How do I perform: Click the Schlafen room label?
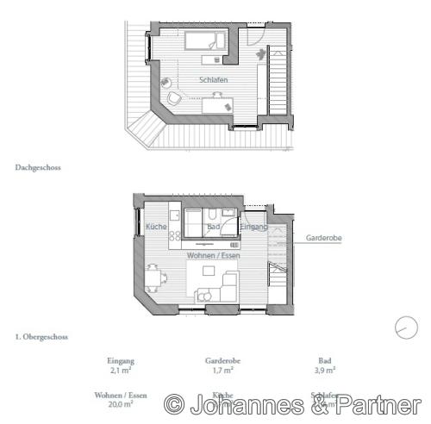point(212,78)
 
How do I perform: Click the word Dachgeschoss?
point(37,169)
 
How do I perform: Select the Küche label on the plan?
point(156,227)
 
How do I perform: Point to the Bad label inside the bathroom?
point(214,227)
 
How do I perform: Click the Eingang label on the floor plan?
point(254,227)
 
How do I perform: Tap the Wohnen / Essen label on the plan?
point(213,256)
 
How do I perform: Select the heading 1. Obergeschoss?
point(41,337)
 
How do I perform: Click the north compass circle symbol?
point(403,327)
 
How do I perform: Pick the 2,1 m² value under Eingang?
point(120,371)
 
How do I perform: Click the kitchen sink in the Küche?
point(173,215)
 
